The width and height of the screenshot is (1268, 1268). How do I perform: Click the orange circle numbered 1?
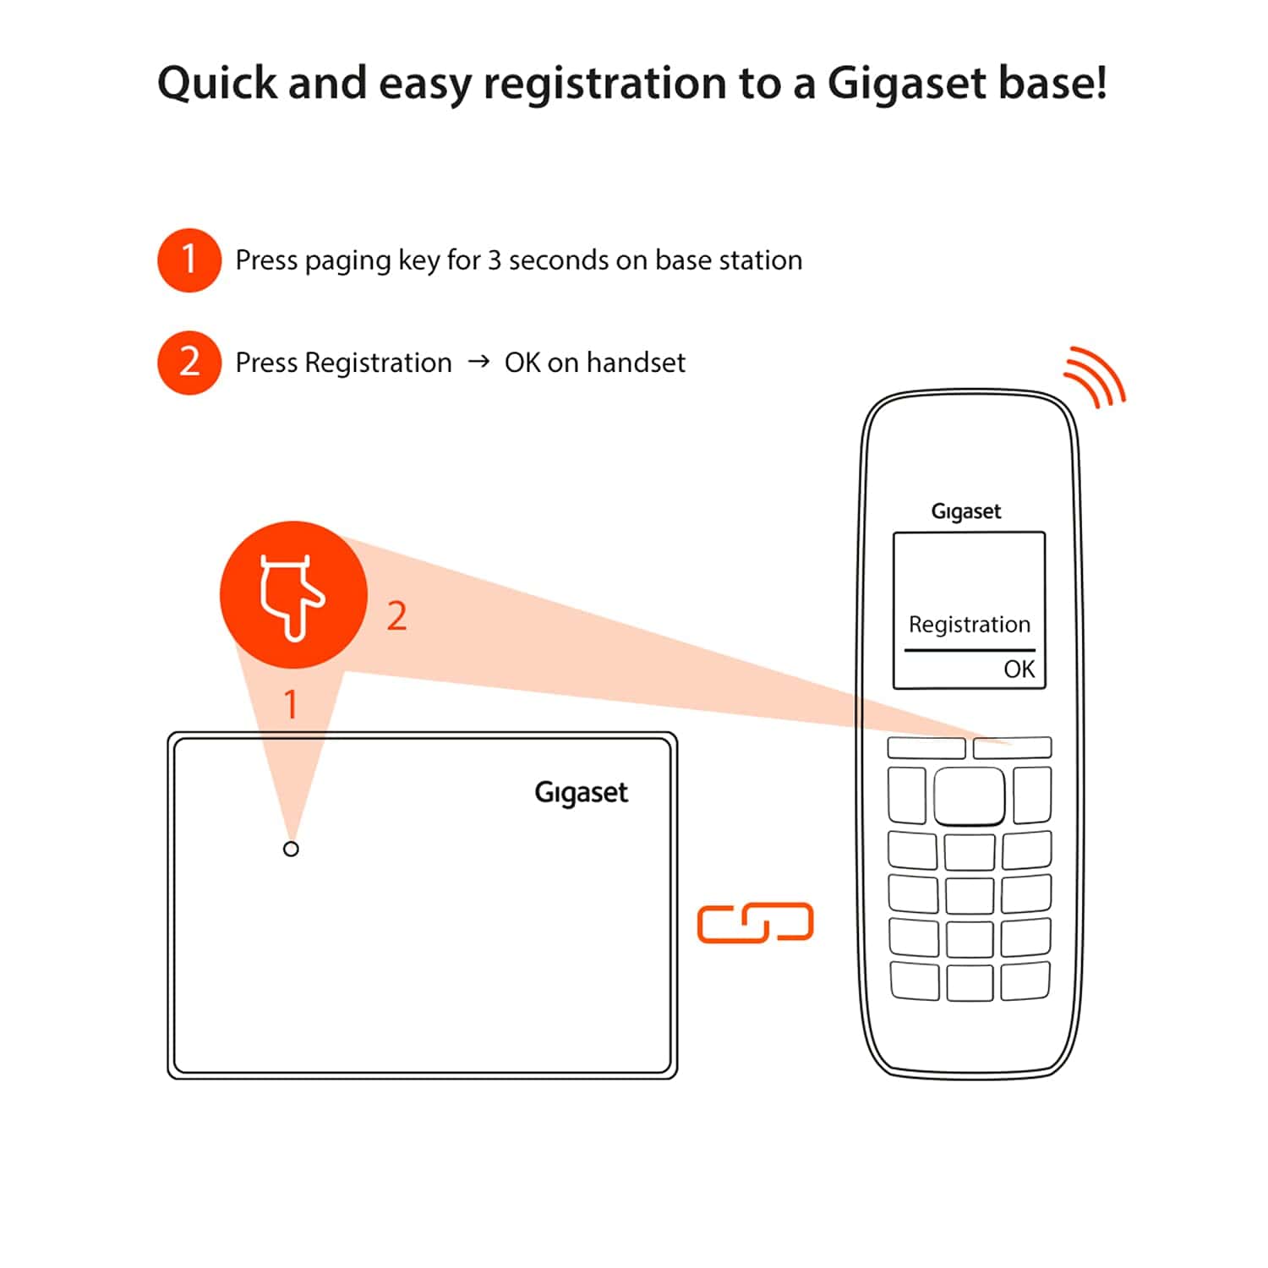pyautogui.click(x=189, y=260)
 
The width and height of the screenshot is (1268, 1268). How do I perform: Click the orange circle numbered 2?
pyautogui.click(x=189, y=363)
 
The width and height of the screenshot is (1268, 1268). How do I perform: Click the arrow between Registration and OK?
pyautogui.click(x=478, y=362)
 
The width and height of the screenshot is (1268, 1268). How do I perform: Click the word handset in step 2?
pyautogui.click(x=636, y=363)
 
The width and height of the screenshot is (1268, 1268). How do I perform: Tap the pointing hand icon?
pyautogui.click(x=292, y=596)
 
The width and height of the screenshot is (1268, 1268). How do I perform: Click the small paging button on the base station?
pyautogui.click(x=291, y=849)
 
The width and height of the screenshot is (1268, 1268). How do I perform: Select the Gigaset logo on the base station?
pyautogui.click(x=581, y=793)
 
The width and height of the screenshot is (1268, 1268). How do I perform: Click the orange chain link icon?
pyautogui.click(x=755, y=922)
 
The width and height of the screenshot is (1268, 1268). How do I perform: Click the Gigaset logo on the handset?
pyautogui.click(x=965, y=511)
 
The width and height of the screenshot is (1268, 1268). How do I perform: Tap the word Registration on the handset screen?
pyautogui.click(x=969, y=625)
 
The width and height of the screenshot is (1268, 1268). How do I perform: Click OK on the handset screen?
pyautogui.click(x=1019, y=670)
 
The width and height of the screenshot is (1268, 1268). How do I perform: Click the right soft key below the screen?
pyautogui.click(x=1012, y=747)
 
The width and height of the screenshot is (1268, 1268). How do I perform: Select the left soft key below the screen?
pyautogui.click(x=926, y=747)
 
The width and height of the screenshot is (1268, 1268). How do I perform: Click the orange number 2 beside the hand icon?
pyautogui.click(x=396, y=616)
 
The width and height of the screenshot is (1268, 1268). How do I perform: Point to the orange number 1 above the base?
pyautogui.click(x=291, y=704)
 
